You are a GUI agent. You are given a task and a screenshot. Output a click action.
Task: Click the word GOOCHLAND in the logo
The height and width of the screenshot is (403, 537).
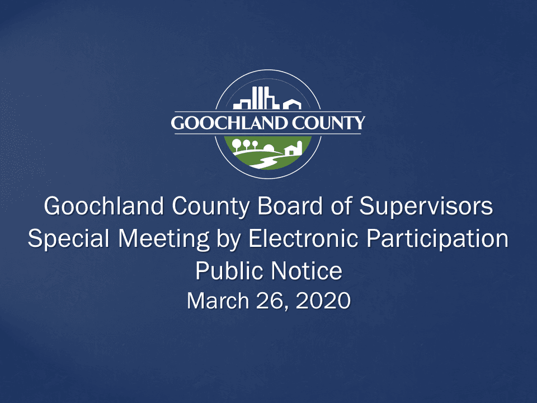pyautogui.click(x=229, y=123)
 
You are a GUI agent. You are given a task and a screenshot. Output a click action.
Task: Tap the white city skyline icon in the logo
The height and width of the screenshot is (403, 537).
pyautogui.click(x=256, y=99)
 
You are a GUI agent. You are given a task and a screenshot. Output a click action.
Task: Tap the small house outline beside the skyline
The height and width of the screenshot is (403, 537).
pyautogui.click(x=291, y=104)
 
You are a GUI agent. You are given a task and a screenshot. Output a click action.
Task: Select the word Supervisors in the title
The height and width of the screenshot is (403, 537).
pyautogui.click(x=426, y=207)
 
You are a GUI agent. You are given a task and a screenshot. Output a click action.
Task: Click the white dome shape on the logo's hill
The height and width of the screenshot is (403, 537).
pyautogui.click(x=269, y=148)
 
